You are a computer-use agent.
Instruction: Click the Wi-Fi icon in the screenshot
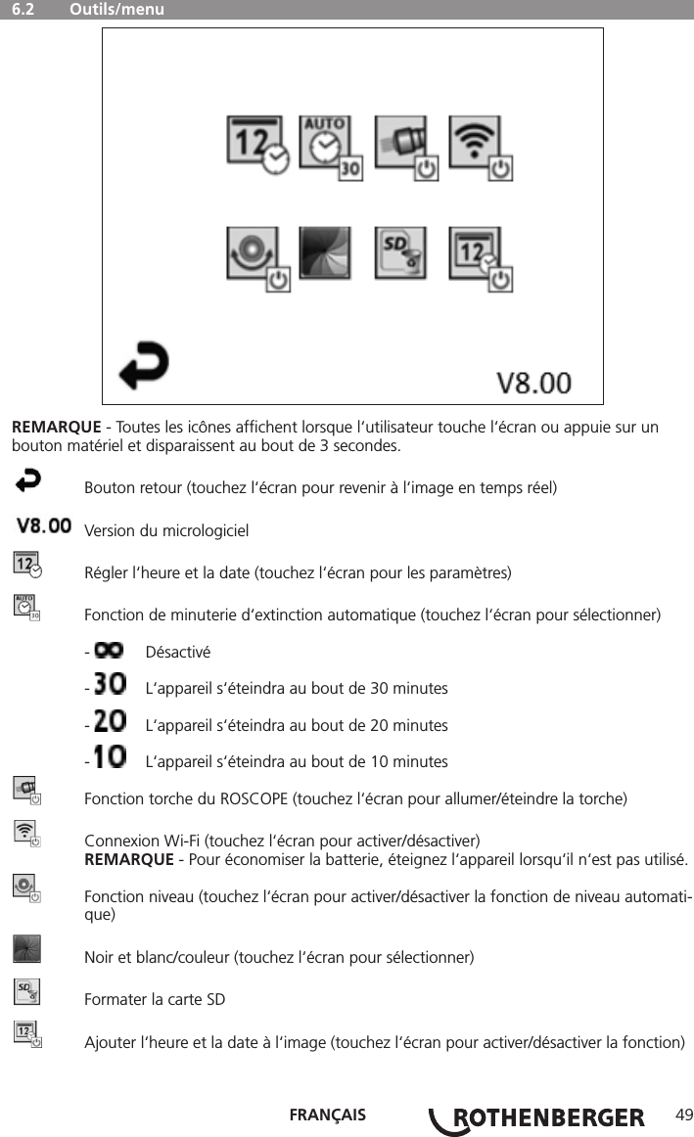480,147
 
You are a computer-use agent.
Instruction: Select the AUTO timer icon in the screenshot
329,147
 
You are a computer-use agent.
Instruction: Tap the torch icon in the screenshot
405,147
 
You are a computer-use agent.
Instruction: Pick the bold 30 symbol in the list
109,687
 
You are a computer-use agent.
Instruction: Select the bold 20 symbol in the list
109,724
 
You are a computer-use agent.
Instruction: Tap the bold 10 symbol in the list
109,760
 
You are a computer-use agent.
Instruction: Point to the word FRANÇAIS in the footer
328,1115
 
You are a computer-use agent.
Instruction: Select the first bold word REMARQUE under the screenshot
56,429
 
